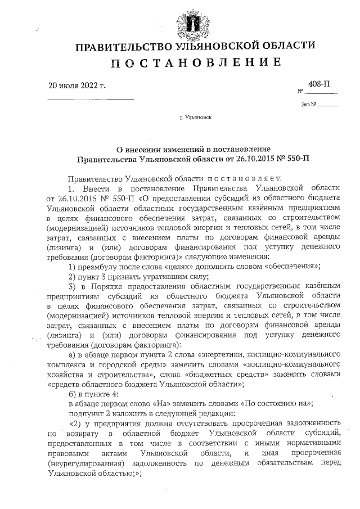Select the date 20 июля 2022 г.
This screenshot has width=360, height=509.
coord(78,85)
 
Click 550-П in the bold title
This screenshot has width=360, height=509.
coord(297,159)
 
